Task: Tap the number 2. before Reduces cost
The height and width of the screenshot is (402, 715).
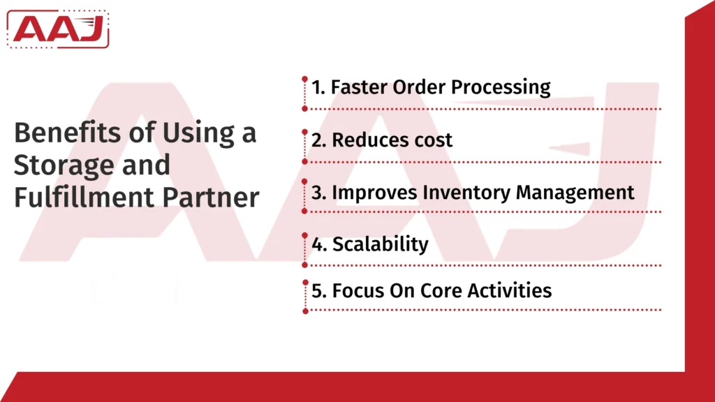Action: pos(318,140)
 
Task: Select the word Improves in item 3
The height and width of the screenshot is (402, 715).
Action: pos(369,192)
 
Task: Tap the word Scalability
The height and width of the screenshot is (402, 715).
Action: pos(380,244)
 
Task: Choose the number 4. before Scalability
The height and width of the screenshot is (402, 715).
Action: pos(318,244)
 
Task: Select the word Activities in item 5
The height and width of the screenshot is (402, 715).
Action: pos(508,290)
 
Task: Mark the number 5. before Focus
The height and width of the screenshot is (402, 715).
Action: pos(318,290)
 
